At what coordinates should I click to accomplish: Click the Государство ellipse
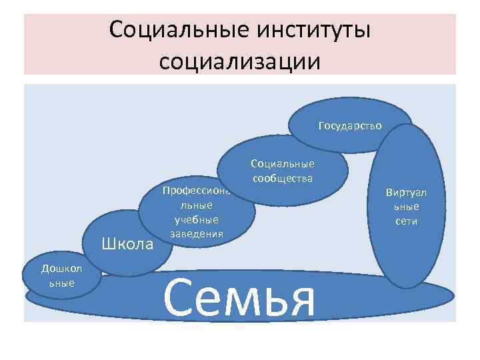click(x=349, y=119)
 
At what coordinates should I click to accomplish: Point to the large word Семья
click(x=238, y=299)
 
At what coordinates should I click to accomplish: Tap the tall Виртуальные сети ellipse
click(x=406, y=207)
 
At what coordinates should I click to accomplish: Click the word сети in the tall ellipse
click(x=406, y=221)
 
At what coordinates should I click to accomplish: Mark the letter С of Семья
click(x=178, y=299)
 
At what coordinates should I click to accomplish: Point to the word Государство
click(x=350, y=125)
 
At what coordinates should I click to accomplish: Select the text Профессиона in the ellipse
click(x=197, y=191)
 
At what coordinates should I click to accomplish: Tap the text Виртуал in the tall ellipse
click(x=406, y=193)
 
